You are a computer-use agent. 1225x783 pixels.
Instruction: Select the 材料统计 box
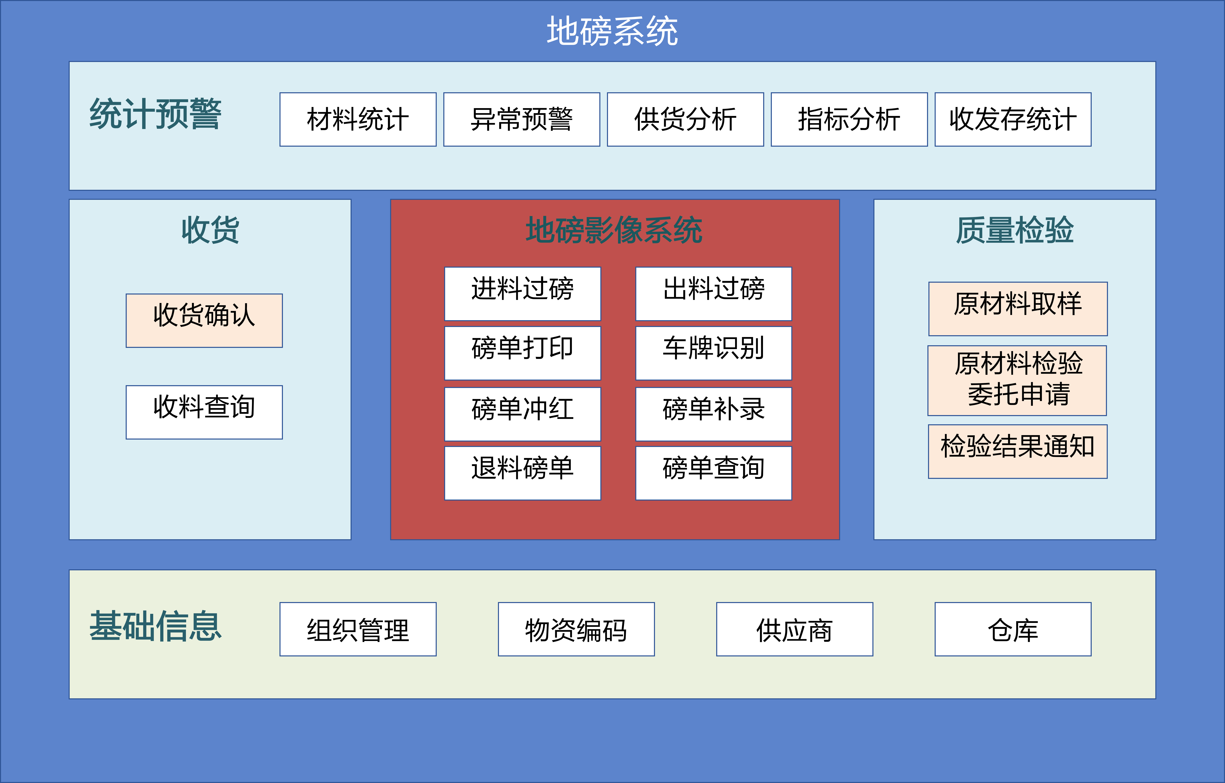358,120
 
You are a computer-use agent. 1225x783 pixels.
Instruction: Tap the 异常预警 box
521,120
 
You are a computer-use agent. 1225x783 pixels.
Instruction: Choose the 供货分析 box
685,120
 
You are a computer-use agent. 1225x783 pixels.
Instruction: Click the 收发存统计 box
1012,120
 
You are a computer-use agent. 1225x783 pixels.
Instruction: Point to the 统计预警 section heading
155,114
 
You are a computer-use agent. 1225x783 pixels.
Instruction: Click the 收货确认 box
204,320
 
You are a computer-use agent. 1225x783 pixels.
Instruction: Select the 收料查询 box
204,412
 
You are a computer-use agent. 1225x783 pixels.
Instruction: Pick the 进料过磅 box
522,293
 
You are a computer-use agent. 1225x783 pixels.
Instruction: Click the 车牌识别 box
713,353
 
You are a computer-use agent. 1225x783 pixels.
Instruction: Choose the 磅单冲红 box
522,414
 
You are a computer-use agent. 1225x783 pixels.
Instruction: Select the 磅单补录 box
713,414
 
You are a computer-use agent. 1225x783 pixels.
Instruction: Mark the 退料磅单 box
522,473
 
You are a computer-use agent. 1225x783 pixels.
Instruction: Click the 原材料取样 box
1017,309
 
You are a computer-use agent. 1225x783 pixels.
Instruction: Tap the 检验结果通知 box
1017,451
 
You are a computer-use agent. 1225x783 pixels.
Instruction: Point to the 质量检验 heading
1014,230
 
